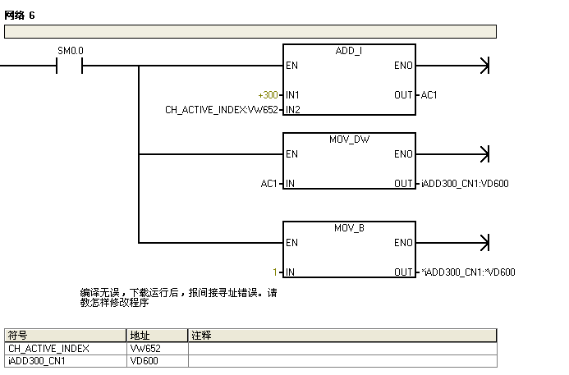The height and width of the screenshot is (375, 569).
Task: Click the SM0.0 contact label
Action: tap(70, 51)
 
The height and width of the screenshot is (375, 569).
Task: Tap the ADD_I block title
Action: tap(349, 51)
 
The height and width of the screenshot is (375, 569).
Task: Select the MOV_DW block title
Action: tap(349, 139)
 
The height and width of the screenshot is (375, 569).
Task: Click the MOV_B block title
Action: tap(349, 227)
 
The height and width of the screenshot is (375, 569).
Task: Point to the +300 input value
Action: tap(268, 95)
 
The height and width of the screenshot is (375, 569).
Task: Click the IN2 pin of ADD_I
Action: tap(293, 109)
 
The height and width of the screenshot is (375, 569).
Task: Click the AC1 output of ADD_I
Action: tap(429, 95)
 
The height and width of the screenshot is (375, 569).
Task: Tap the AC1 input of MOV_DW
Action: tap(270, 184)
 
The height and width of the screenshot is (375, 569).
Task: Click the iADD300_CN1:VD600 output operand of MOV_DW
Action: tap(465, 184)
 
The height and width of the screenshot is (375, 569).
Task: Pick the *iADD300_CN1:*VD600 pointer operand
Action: tap(468, 272)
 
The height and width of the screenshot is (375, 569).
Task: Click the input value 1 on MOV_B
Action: tap(276, 272)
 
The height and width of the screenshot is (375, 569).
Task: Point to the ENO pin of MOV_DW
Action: tap(403, 154)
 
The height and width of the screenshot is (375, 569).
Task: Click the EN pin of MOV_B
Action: tap(292, 243)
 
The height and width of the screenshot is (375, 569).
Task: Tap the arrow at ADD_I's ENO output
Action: tap(484, 66)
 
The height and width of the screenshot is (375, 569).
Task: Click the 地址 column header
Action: tap(140, 336)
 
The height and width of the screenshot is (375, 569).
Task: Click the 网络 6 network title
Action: tap(20, 16)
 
